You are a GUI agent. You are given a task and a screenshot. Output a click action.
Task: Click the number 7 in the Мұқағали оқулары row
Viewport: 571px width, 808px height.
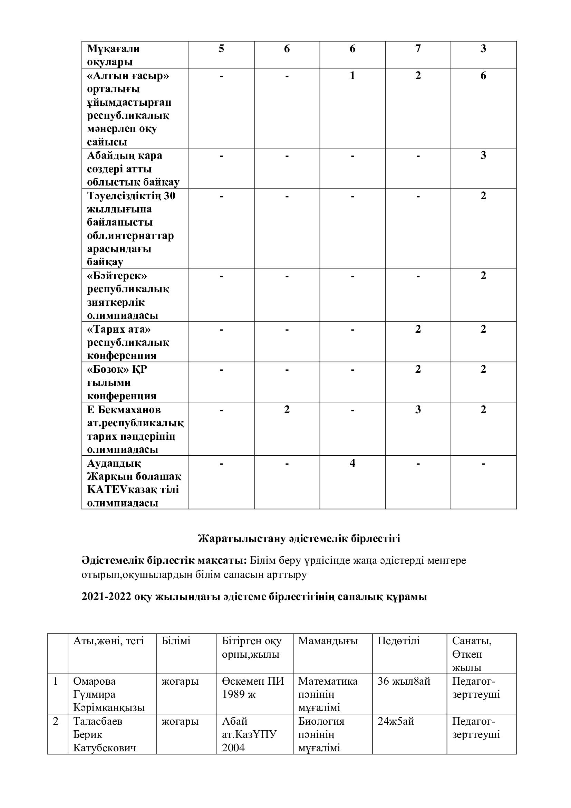click(418, 49)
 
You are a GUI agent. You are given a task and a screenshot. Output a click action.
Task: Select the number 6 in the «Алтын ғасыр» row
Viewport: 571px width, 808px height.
click(483, 76)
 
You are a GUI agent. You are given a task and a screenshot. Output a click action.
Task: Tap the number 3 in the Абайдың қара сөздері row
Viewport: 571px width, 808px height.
click(483, 155)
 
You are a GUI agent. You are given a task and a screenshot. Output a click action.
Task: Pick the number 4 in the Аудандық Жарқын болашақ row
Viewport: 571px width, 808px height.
click(352, 463)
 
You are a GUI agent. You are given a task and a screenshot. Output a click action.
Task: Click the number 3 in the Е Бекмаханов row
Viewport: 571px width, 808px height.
click(418, 410)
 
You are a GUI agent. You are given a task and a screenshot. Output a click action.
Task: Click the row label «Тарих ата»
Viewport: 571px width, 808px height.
click(119, 329)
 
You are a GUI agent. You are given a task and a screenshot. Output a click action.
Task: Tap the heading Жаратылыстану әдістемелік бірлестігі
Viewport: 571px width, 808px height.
click(299, 539)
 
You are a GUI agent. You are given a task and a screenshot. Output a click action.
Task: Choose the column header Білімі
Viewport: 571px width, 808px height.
click(176, 641)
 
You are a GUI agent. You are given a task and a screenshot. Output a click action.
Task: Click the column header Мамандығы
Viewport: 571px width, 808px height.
click(328, 641)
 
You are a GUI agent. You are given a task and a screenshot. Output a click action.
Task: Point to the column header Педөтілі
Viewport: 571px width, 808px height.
click(398, 641)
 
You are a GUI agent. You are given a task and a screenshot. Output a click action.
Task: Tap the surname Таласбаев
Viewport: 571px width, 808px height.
click(98, 721)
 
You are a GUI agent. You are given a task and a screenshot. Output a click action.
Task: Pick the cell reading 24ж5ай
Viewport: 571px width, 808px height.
click(396, 721)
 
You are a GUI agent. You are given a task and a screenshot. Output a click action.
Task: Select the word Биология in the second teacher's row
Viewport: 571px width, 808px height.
click(321, 721)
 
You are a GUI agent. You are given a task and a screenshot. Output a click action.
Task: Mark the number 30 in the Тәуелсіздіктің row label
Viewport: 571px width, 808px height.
click(170, 196)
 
